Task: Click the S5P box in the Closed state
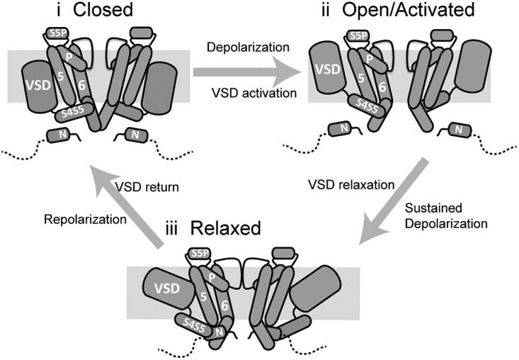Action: (x=59, y=33)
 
